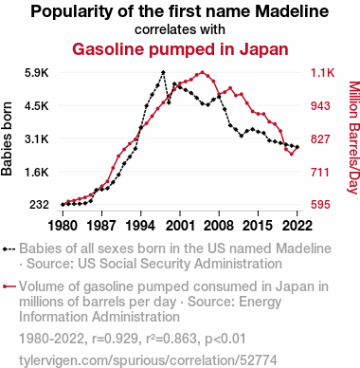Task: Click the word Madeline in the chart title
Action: coord(292,11)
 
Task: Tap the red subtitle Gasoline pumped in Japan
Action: coord(180,49)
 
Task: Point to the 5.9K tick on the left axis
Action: coord(37,73)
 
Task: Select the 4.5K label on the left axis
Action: coord(37,106)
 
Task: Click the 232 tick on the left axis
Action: coord(39,205)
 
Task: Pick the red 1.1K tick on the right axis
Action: coord(322,73)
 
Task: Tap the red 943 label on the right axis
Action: coord(320,106)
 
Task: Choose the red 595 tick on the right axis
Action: coord(320,205)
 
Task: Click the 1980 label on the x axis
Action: coord(63,226)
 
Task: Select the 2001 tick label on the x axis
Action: coord(180,226)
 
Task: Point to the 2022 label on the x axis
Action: coord(297,226)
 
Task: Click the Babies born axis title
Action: coord(7,138)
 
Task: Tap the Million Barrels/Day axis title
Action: coord(353,138)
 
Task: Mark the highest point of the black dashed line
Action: coord(163,72)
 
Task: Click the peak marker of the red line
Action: coord(203,72)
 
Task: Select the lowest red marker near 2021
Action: coord(292,155)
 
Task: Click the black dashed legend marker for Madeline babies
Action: coord(9,249)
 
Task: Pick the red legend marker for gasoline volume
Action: coord(9,286)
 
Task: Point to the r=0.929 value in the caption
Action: coord(115,339)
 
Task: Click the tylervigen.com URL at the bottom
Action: coord(148,360)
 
